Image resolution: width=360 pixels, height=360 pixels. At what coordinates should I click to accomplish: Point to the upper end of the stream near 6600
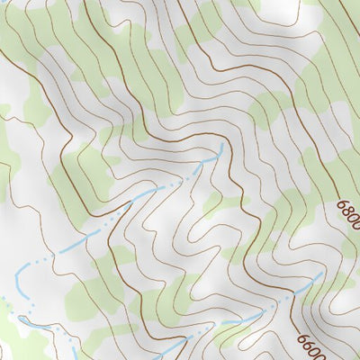click(320, 274)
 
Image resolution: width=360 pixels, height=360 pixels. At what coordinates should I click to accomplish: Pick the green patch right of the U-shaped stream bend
click(90, 288)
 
